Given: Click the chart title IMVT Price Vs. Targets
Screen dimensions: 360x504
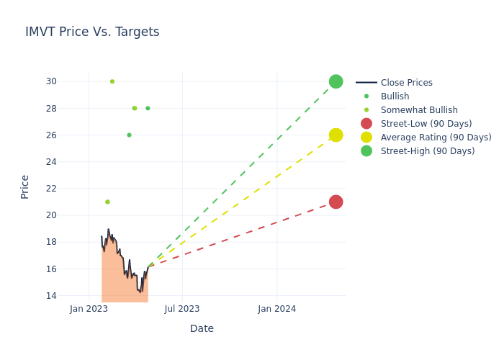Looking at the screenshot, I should click(x=92, y=32).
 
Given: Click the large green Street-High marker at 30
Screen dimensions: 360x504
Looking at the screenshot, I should click(x=336, y=81).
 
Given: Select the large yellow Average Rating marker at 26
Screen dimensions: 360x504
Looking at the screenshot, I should click(x=336, y=135).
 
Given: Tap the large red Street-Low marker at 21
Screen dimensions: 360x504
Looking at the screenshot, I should click(x=336, y=202).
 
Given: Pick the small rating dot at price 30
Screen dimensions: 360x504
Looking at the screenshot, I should click(x=112, y=81).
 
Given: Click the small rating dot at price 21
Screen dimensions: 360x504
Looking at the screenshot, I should click(x=107, y=202).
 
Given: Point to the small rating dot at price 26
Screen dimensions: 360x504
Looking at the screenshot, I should click(x=130, y=135).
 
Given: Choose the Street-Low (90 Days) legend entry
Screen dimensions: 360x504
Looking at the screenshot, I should click(x=426, y=124).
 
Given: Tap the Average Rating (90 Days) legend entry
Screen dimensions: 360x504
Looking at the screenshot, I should click(x=436, y=138).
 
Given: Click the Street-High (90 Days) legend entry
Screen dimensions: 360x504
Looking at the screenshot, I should click(x=427, y=151).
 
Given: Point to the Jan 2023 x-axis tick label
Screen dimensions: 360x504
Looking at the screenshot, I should click(x=89, y=309).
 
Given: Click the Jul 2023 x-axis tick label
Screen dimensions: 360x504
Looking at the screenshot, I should click(x=182, y=309).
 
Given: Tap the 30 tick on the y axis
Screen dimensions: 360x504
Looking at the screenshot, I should click(x=51, y=81).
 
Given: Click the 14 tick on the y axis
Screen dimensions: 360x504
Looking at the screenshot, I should click(x=51, y=296).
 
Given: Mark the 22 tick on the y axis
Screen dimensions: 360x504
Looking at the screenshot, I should click(x=51, y=189).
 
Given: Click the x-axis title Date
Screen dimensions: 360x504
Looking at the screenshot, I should click(x=202, y=329).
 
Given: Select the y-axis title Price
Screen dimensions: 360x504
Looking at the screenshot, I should click(x=25, y=186).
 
